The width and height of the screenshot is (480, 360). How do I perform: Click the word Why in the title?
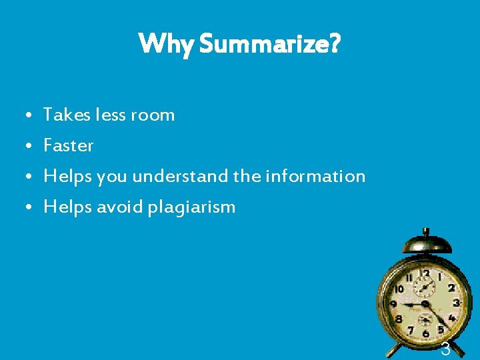pos(165,45)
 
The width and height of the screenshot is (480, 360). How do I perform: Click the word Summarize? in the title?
pos(270,45)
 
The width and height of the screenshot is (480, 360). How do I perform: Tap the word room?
pos(153,115)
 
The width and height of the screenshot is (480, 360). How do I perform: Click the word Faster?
pos(69,145)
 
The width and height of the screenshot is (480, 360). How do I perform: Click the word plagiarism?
pos(192,207)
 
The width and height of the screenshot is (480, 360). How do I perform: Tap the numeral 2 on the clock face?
pos(451,288)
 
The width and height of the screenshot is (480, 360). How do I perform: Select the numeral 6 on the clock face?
pos(425,331)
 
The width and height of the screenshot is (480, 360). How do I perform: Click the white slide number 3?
pos(445,349)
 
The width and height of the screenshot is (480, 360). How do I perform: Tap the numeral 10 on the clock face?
pos(399,290)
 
